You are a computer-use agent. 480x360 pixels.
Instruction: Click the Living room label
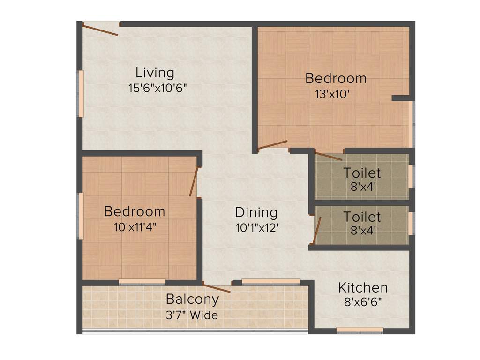pos(155,73)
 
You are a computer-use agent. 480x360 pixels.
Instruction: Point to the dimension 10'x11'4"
pos(135,227)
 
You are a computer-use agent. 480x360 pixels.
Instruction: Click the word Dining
pos(256,212)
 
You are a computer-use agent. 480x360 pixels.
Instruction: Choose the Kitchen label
pos(363,287)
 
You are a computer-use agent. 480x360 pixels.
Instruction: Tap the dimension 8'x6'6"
pos(363,302)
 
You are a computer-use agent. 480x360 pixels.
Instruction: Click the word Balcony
pos(192,299)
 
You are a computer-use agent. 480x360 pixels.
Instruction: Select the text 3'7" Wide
pos(192,315)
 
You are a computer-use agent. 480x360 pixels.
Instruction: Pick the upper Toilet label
pos(362,173)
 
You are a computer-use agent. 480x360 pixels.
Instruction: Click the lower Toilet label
pos(362,217)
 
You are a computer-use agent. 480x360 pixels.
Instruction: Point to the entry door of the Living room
pos(100,30)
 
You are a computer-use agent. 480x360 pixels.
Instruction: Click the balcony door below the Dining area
pos(217,287)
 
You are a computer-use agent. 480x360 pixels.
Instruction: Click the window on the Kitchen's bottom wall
pos(360,330)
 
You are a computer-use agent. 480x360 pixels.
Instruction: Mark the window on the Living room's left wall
pos(81,94)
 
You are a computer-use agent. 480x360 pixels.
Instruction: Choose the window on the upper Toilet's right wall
pos(411,176)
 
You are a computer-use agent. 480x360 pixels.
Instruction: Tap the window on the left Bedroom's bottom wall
pos(142,282)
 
